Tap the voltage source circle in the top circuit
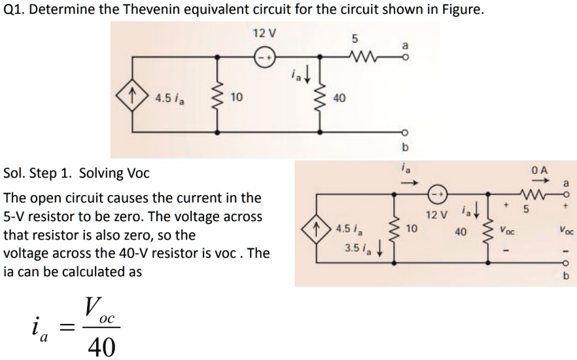264,55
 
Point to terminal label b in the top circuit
404,145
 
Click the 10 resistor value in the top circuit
237,98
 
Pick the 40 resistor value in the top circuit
339,98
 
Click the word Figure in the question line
461,12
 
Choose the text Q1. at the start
15,12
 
